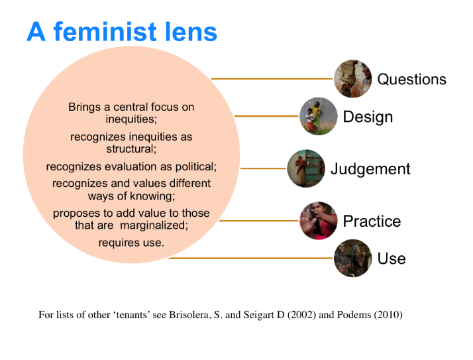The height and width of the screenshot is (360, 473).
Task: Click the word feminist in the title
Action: tap(105, 31)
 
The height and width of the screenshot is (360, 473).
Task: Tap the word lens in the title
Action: tap(191, 31)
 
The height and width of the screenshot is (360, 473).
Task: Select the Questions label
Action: tap(412, 80)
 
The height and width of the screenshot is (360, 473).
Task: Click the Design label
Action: tap(368, 117)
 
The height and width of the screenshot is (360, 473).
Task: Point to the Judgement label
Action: tap(370, 169)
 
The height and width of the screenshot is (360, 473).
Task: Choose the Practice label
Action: tap(372, 221)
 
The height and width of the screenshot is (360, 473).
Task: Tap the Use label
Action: tap(392, 259)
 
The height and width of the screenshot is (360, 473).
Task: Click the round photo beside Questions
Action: tap(352, 79)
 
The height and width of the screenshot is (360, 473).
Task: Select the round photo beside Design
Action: tap(318, 116)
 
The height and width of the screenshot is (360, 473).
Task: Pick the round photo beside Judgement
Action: tap(306, 168)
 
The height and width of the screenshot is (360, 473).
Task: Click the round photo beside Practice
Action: tap(318, 221)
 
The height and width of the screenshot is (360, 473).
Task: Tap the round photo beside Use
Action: tap(352, 258)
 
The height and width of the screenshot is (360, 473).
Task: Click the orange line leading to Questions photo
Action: tap(272, 79)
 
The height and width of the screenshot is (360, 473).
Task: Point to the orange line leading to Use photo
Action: tap(250, 258)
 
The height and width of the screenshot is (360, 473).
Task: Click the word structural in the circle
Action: tap(131, 149)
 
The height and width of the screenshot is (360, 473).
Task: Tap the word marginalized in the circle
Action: tap(154, 225)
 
